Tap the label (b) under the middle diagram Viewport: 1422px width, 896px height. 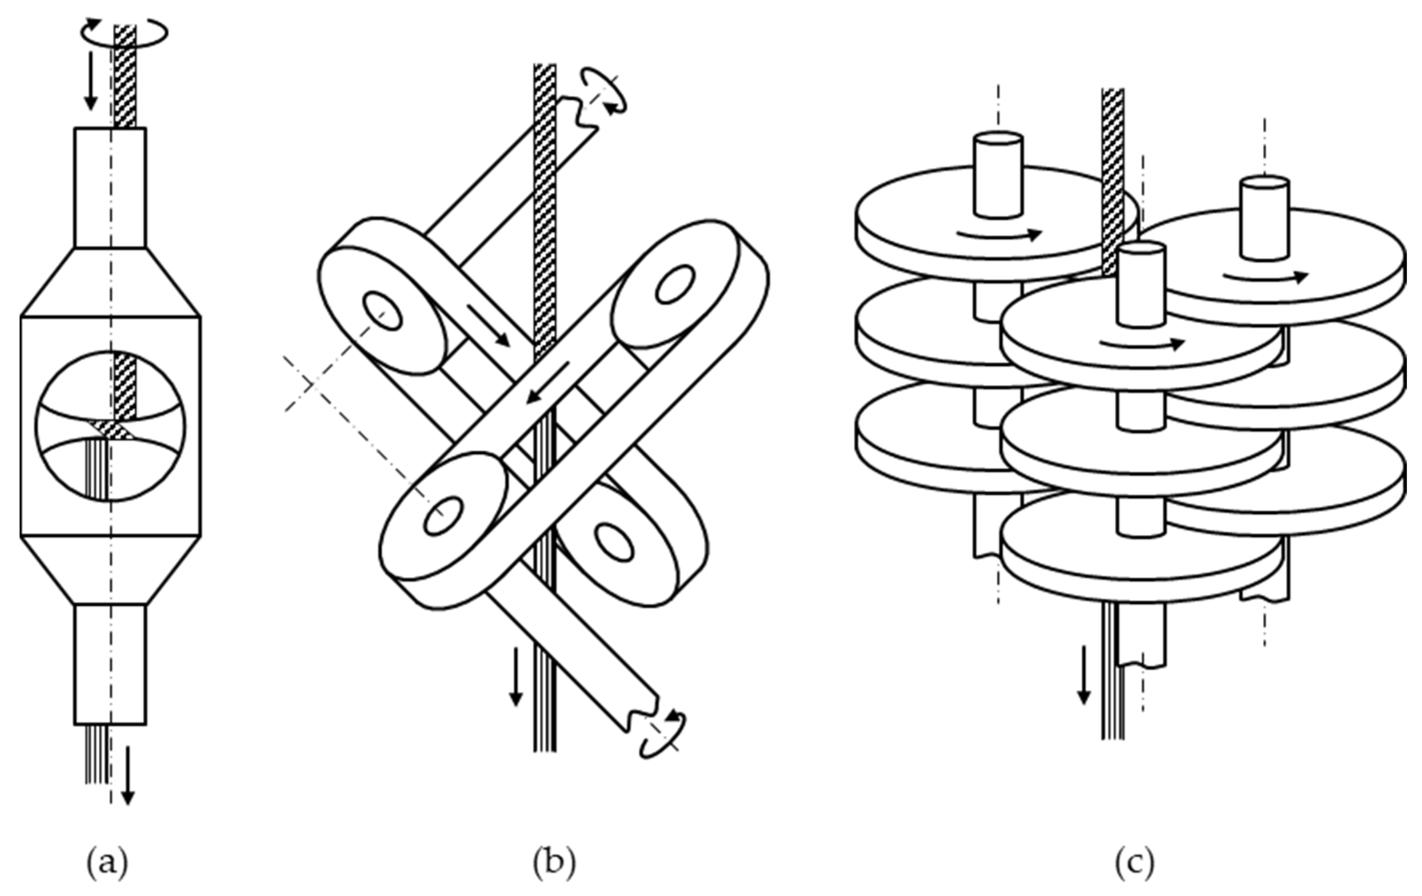tap(553, 863)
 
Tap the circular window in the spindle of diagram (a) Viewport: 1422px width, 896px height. tap(110, 426)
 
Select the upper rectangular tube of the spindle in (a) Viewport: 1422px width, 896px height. tap(110, 188)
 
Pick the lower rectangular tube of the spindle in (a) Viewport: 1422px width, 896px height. tap(110, 664)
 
